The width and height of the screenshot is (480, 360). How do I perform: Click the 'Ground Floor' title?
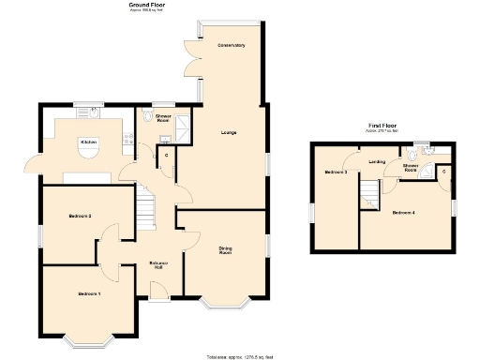point(142,5)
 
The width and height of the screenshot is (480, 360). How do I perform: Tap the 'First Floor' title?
point(381,125)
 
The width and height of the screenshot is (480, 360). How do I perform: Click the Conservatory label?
point(232,46)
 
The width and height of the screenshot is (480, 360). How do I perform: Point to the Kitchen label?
point(89,142)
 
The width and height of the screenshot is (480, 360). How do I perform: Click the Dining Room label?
point(226,250)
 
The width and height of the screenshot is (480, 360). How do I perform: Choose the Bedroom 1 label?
point(89,294)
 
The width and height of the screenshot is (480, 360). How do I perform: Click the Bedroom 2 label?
point(79,217)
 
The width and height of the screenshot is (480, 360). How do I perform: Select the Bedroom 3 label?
point(336,172)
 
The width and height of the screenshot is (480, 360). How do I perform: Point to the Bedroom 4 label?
point(404,214)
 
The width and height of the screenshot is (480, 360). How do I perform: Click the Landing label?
point(377,161)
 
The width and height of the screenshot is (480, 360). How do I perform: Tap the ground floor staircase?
point(145,207)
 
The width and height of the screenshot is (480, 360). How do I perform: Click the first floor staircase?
point(369,195)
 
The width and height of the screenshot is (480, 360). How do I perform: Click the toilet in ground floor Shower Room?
point(150,116)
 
